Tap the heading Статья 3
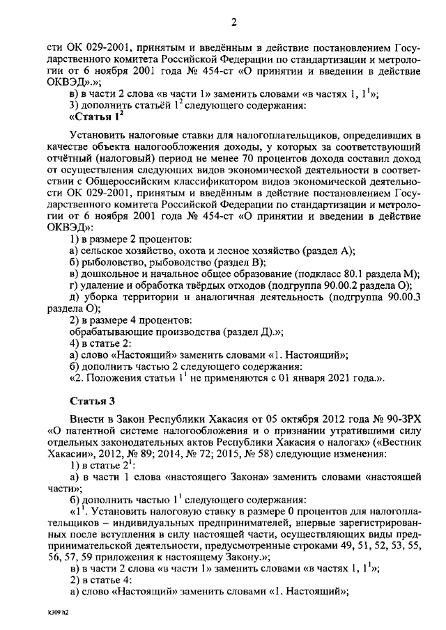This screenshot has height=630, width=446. pos(91,402)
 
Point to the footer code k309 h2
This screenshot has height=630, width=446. pos(53,615)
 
